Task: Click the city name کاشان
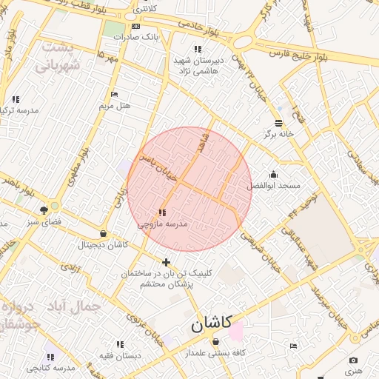(211, 323)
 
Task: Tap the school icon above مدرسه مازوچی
(162, 212)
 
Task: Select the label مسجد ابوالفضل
(273, 185)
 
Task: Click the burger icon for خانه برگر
(278, 123)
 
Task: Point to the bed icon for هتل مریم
(113, 94)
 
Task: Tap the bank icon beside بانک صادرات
(135, 26)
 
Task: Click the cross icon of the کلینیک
(166, 262)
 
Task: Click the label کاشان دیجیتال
(104, 244)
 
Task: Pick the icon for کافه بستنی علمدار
(215, 342)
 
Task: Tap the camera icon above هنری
(353, 360)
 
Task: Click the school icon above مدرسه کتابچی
(50, 356)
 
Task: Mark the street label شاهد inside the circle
(202, 144)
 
